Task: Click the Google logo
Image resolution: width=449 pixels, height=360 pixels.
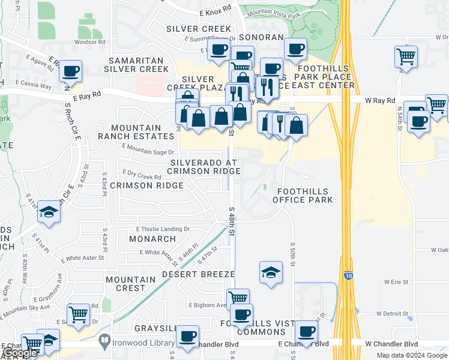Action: pyautogui.click(x=20, y=353)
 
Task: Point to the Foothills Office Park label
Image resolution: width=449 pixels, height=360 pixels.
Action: pyautogui.click(x=304, y=195)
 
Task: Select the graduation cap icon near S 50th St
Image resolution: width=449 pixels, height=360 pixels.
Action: pyautogui.click(x=271, y=271)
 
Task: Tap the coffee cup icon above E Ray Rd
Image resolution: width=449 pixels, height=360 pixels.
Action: pyautogui.click(x=70, y=71)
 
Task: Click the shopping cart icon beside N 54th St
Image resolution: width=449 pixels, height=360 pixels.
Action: pyautogui.click(x=406, y=57)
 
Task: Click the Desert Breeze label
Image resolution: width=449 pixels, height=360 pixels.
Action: pyautogui.click(x=198, y=274)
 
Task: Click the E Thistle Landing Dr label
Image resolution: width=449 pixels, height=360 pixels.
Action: pyautogui.click(x=163, y=229)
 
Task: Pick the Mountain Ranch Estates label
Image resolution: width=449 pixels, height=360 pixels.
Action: pyautogui.click(x=136, y=132)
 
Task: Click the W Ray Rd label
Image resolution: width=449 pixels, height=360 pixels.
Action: pyautogui.click(x=380, y=101)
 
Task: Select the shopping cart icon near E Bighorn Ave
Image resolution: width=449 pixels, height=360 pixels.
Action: pyautogui.click(x=238, y=297)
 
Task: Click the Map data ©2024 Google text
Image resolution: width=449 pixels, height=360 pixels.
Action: pyautogui.click(x=412, y=355)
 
